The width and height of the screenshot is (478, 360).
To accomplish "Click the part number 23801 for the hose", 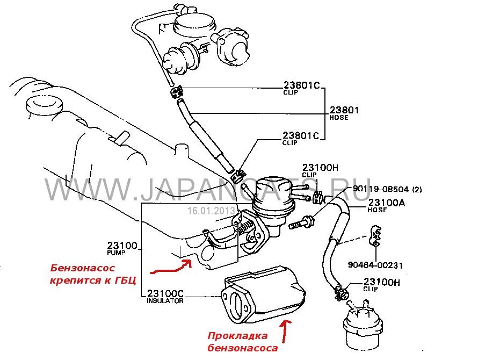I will [344, 110].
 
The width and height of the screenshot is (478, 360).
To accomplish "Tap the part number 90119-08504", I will [381, 189].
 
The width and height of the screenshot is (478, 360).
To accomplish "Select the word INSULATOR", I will [165, 301].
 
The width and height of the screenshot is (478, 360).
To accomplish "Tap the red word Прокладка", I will [237, 336].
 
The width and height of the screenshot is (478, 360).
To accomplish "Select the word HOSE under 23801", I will [338, 118].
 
